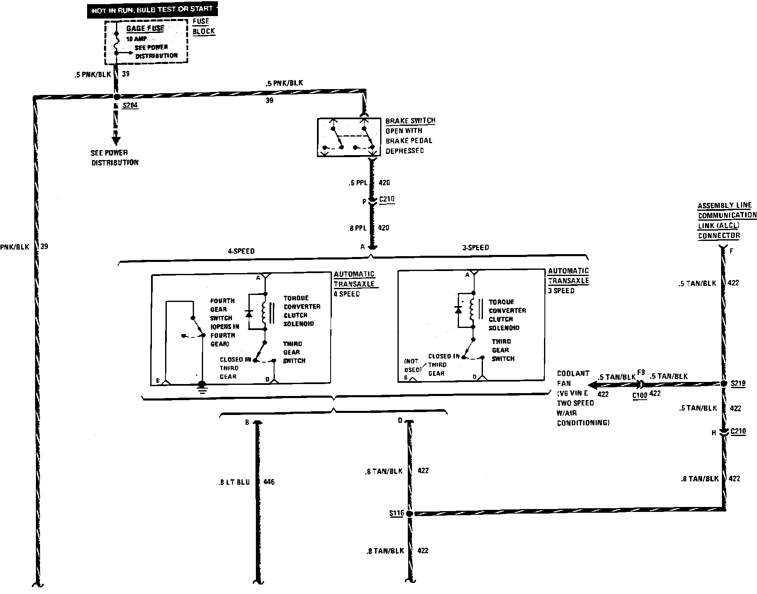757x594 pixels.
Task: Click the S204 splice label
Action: (130, 106)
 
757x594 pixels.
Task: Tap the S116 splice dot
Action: (409, 514)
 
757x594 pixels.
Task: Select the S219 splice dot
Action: (724, 384)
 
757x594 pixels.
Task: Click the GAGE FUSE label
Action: (145, 28)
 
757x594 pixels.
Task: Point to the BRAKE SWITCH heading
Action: (410, 121)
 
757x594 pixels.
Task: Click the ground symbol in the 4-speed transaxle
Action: (202, 387)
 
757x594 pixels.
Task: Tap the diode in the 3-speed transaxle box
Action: (458, 309)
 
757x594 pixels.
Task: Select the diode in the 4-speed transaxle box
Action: (249, 314)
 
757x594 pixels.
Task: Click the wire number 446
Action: (268, 482)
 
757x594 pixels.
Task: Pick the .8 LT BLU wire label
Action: (234, 482)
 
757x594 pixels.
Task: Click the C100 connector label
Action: (640, 395)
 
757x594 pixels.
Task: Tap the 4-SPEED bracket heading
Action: (241, 251)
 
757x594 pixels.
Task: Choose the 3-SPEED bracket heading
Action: (475, 247)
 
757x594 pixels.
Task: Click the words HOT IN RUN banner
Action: (152, 9)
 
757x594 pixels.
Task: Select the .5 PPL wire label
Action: (357, 183)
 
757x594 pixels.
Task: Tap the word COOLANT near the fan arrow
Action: (573, 374)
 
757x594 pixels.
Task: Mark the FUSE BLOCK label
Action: (203, 26)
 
